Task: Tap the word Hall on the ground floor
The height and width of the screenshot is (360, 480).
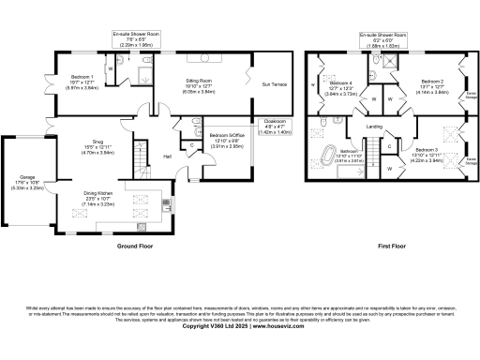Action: pos(167,157)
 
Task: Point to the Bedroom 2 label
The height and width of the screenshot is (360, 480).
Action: pos(432,82)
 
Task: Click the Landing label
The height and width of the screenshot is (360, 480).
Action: pos(373,126)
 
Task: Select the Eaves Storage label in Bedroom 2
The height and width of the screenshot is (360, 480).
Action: pos(470,94)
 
